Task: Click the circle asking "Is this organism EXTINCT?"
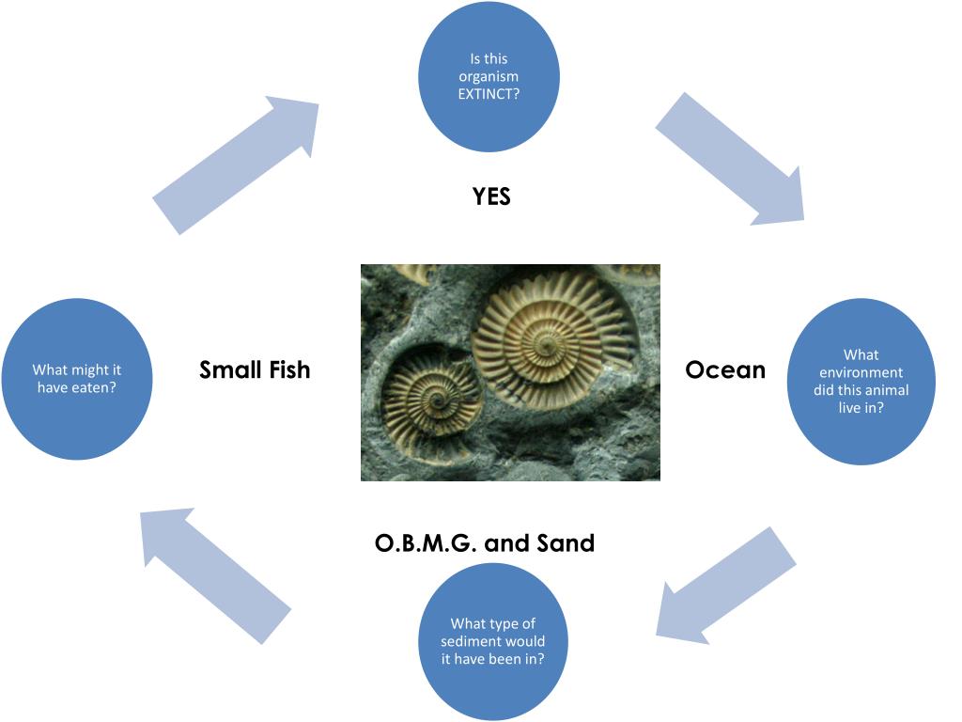[489, 77]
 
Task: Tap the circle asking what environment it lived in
[861, 382]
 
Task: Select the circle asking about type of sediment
[493, 641]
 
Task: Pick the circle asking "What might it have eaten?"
[77, 379]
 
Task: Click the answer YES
[491, 196]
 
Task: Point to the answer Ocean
[725, 370]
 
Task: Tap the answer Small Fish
[255, 370]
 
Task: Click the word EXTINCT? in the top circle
[489, 94]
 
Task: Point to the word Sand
[566, 543]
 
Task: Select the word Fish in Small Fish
[287, 370]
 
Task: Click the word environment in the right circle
[861, 372]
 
